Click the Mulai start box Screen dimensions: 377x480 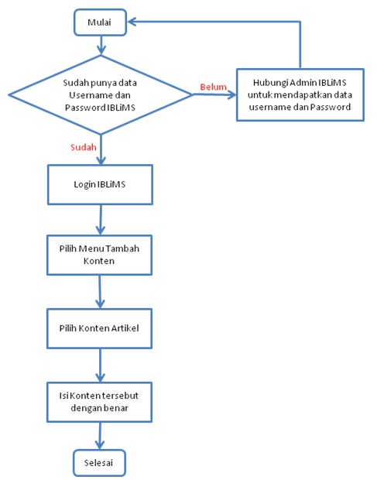point(100,22)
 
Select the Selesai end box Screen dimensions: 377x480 point(99,462)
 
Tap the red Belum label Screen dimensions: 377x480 point(214,87)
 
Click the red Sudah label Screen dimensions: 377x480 point(84,147)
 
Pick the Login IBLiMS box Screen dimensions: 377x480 point(100,184)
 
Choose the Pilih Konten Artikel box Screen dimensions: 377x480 point(99,328)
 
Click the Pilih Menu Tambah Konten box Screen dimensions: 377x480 point(99,255)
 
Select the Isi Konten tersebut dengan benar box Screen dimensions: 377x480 point(99,402)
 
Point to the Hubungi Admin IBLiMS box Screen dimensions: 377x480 point(300,94)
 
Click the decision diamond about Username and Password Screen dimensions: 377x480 point(101,94)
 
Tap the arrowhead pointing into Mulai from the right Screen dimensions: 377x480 point(132,22)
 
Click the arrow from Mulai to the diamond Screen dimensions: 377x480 point(101,46)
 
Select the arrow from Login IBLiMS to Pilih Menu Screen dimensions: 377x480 point(101,220)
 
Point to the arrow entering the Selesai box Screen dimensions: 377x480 point(100,436)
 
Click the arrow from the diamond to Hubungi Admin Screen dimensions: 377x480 point(214,94)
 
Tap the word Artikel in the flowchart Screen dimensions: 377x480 point(125,328)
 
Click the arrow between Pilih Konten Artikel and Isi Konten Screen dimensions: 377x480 point(100,365)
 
